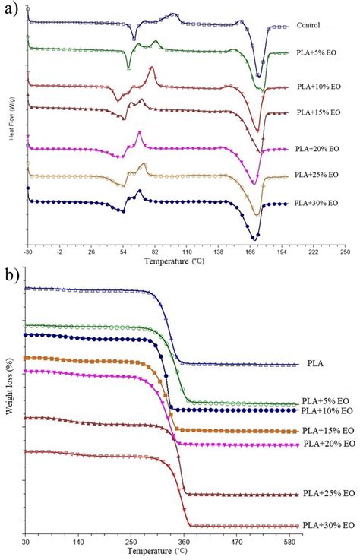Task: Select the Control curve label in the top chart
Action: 310,25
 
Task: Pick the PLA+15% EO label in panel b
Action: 327,429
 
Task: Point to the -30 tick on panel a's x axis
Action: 27,252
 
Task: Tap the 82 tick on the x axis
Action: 155,252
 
